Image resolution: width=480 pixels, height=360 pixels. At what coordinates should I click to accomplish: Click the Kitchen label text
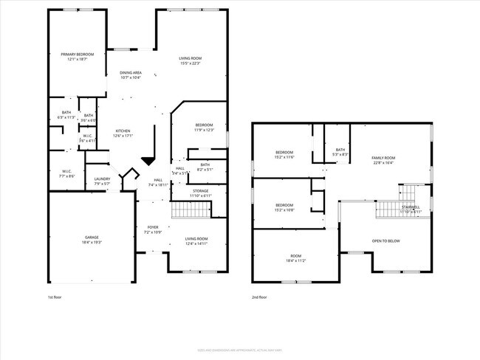point(122,131)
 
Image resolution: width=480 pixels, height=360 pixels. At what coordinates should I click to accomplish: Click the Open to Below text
point(385,240)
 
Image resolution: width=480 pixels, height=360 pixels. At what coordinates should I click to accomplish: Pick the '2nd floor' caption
point(258,297)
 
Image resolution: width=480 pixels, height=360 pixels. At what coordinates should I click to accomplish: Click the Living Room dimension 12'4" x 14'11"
point(196,243)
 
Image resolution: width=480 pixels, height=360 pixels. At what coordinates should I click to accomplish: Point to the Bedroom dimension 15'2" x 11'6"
point(284,157)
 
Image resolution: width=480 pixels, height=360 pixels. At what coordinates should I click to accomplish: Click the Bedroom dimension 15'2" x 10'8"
point(284,210)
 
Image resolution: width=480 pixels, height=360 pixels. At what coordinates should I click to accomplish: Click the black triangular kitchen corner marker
point(148,160)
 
